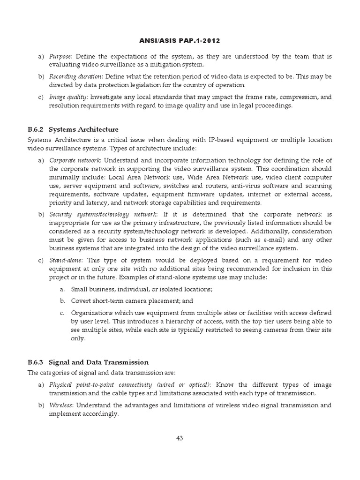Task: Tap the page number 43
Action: (x=180, y=438)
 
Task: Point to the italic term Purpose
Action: (x=60, y=56)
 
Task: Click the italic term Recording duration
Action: (x=69, y=76)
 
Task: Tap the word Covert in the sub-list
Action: (x=81, y=300)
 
